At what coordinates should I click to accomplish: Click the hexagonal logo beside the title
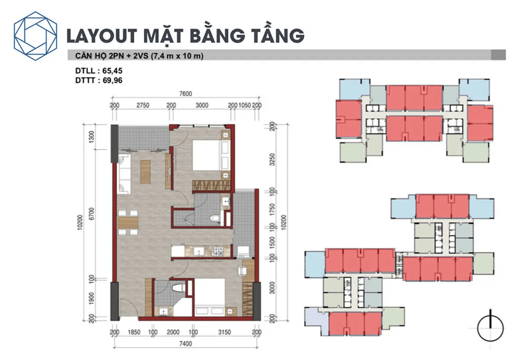pos(37,36)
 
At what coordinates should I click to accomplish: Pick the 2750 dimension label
pos(143,106)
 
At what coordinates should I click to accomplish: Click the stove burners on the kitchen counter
pos(218,251)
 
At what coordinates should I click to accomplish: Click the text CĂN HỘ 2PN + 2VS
pos(105,56)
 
